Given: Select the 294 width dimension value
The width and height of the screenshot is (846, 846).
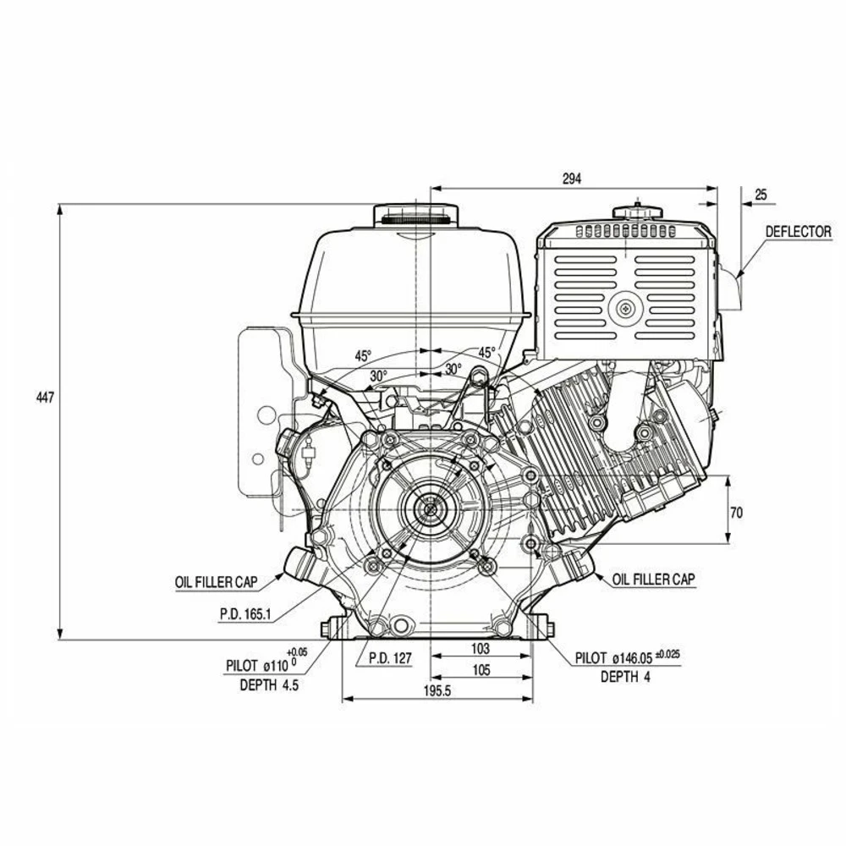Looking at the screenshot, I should pyautogui.click(x=572, y=179).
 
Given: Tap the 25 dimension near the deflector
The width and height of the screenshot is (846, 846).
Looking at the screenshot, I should pyautogui.click(x=761, y=194).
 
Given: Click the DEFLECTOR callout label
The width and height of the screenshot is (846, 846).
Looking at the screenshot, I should pyautogui.click(x=798, y=231).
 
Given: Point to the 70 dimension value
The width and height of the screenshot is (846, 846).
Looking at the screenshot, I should pyautogui.click(x=736, y=511).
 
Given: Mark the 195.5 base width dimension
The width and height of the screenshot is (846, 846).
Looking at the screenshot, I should pyautogui.click(x=437, y=690).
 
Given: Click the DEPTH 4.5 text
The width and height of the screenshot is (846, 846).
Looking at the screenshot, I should pyautogui.click(x=269, y=685).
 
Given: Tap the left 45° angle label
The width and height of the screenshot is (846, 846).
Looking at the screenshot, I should pyautogui.click(x=362, y=355).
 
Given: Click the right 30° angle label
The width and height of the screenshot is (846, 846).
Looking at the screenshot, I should pyautogui.click(x=453, y=369).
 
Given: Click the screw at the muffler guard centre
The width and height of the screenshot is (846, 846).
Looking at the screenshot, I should pyautogui.click(x=625, y=310).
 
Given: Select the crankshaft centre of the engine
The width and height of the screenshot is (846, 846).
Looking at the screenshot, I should pyautogui.click(x=431, y=508).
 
